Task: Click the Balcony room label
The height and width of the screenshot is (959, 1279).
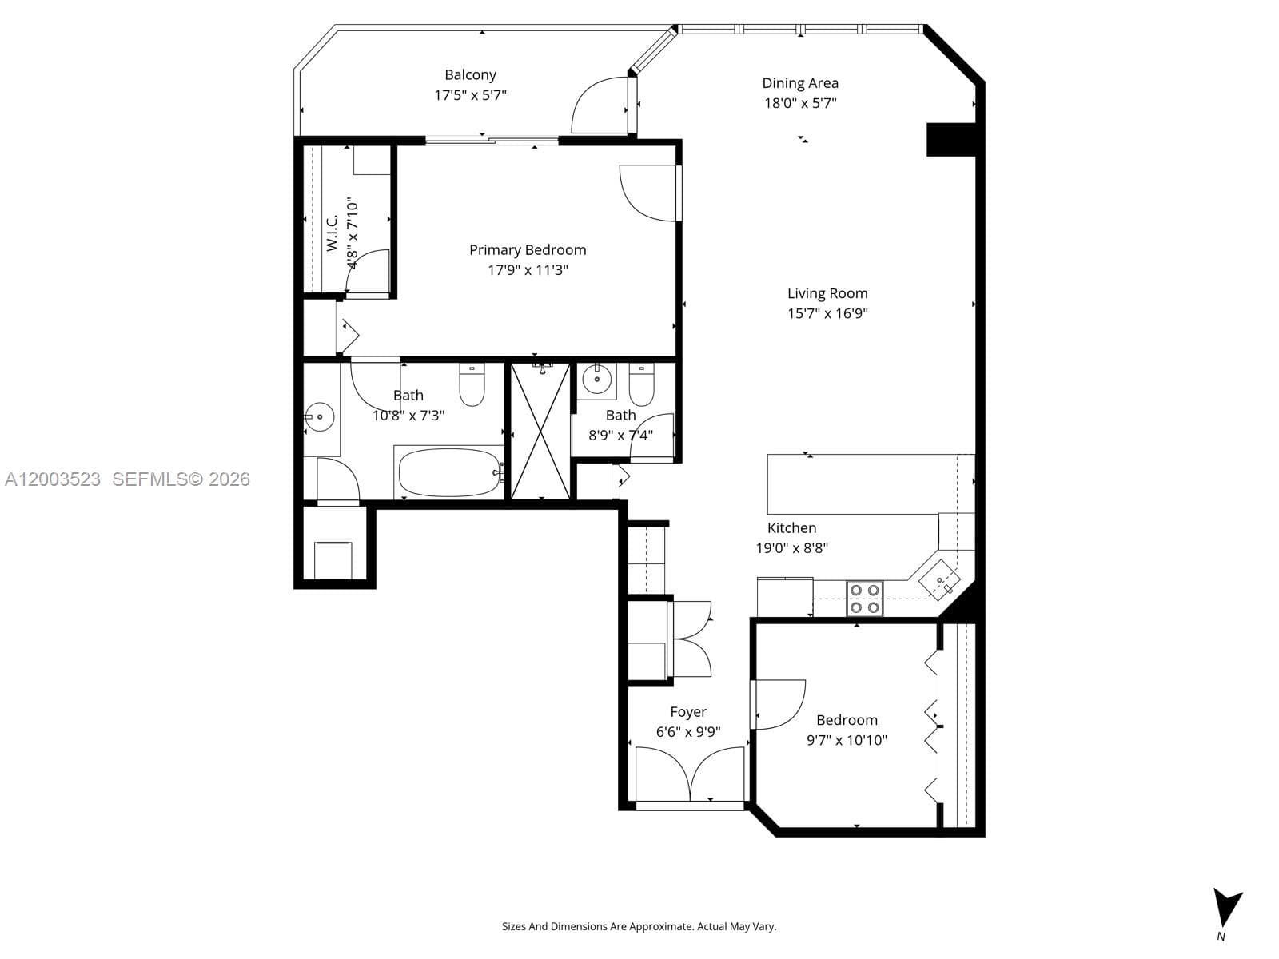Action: click(x=470, y=75)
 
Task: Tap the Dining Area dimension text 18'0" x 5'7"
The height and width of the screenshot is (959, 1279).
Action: click(x=800, y=103)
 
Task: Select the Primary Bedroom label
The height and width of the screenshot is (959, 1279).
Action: click(x=528, y=250)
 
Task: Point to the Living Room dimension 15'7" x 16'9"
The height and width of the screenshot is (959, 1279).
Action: click(x=827, y=313)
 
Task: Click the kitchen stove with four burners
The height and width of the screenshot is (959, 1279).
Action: click(x=864, y=598)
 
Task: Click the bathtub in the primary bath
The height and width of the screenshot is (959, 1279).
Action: click(x=448, y=472)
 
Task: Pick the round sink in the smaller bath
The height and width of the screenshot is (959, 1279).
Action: click(x=596, y=380)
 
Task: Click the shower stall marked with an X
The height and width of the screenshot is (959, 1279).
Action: click(x=540, y=432)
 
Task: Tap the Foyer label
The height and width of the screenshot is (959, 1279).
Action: click(x=688, y=712)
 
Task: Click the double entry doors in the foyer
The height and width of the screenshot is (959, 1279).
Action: click(x=690, y=773)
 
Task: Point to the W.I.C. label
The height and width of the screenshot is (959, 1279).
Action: click(x=333, y=233)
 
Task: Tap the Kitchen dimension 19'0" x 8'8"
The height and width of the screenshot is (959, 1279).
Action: click(x=791, y=548)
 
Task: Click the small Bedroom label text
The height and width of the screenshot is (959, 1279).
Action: click(x=847, y=720)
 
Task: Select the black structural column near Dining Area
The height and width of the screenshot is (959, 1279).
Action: click(x=950, y=139)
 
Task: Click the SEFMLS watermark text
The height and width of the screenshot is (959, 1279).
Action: click(x=181, y=479)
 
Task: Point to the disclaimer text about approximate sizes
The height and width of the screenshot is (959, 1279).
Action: click(x=639, y=927)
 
